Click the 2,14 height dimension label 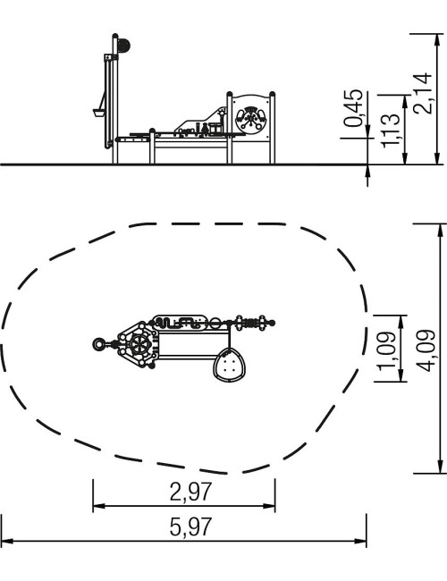click(423, 93)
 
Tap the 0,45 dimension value click(353, 108)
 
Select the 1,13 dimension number click(391, 131)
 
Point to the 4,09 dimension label click(426, 350)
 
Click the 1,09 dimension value click(387, 351)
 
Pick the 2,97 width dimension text click(191, 492)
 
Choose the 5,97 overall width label click(191, 526)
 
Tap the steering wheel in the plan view click(139, 345)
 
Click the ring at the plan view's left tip click(99, 345)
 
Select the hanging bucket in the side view click(98, 113)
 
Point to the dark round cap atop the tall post click(123, 46)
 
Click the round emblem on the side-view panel click(251, 119)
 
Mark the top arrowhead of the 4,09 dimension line click(440, 230)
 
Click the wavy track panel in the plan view click(180, 323)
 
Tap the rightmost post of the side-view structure click(273, 128)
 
